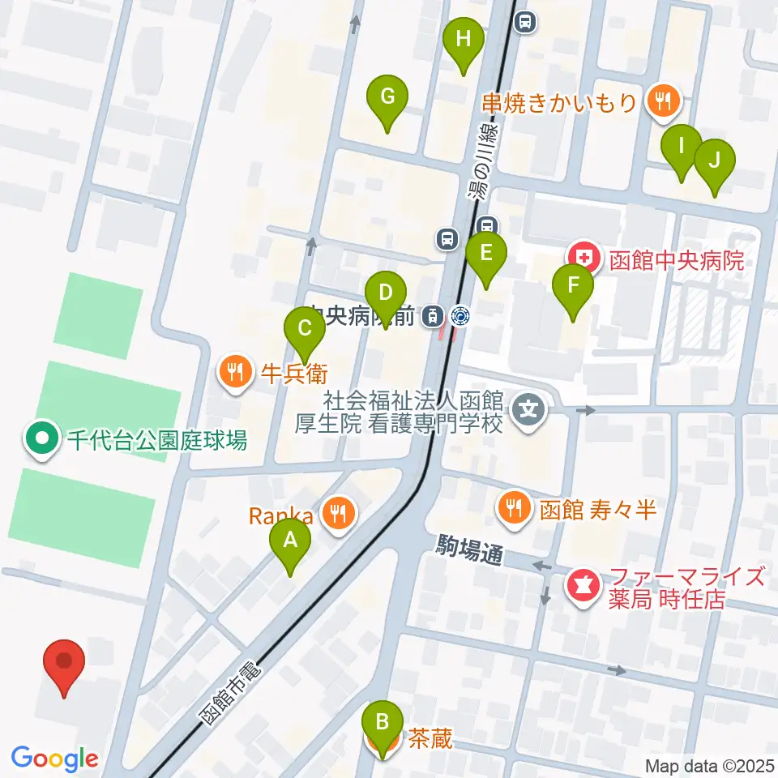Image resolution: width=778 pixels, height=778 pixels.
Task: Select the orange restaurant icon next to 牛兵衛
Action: click(x=236, y=372)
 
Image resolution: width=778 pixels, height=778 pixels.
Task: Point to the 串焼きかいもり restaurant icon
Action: click(x=664, y=101)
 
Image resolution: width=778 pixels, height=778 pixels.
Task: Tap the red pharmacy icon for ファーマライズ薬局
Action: click(x=581, y=582)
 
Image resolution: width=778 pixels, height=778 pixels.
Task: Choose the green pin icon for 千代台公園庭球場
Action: click(x=41, y=440)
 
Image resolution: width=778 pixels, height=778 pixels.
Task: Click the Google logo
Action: click(x=54, y=759)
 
